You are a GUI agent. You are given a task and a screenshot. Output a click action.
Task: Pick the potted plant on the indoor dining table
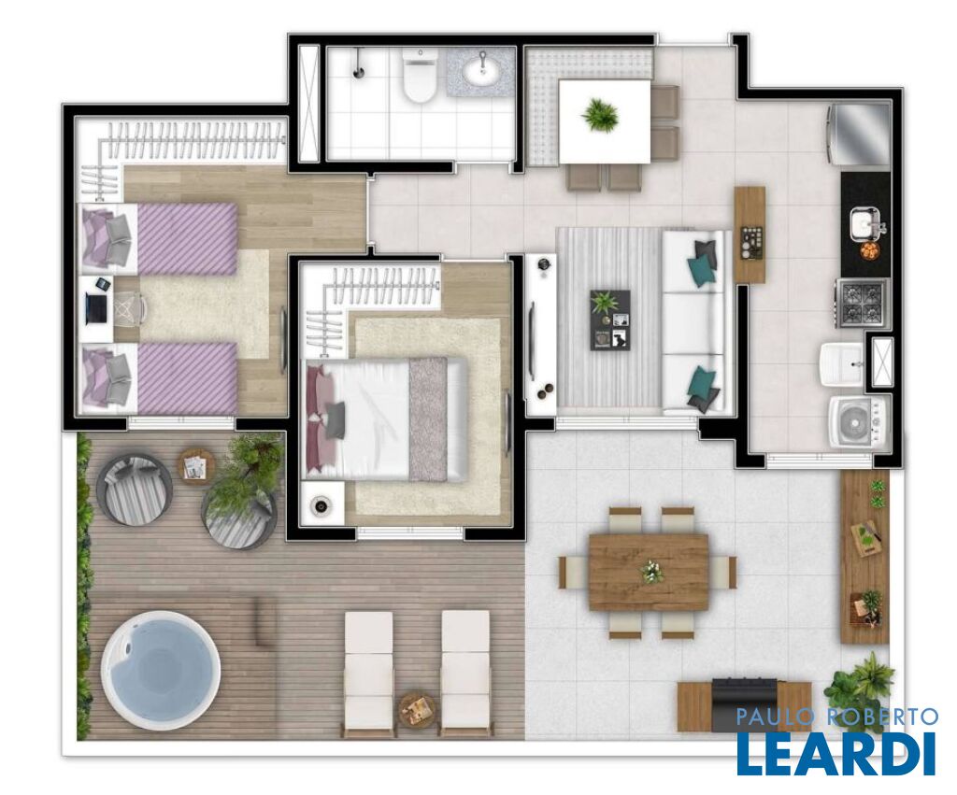pos(601,115)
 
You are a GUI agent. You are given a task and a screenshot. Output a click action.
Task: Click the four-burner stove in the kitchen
pos(862,303)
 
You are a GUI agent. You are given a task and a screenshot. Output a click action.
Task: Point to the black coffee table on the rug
pos(609,319)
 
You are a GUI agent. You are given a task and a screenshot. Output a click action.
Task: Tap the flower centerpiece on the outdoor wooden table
pos(649,571)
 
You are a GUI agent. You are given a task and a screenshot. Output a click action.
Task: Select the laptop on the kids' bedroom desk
pos(97,307)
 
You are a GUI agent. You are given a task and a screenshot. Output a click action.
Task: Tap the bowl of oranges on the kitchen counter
pos(868,250)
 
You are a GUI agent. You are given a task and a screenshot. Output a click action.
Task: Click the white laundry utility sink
pos(842,364)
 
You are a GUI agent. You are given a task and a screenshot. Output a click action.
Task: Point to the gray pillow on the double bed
pos(336,419)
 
